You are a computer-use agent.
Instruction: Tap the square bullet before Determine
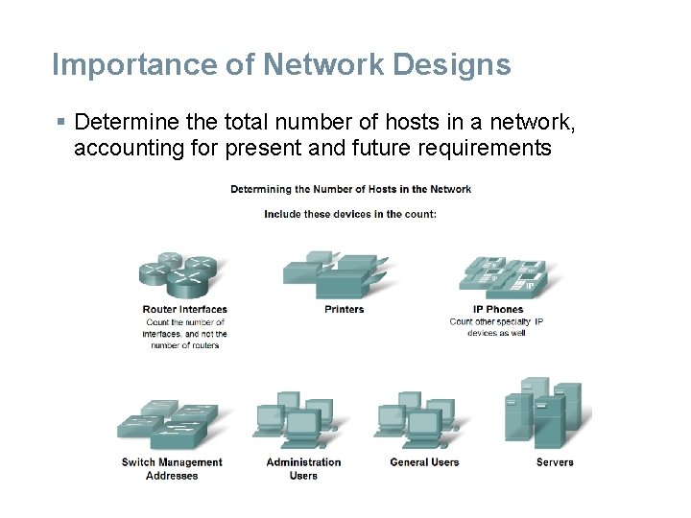tap(60, 122)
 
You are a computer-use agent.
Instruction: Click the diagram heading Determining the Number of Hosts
tap(350, 189)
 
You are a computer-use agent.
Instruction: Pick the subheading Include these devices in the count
tap(350, 214)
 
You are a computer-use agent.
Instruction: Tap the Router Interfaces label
tap(184, 309)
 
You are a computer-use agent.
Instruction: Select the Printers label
tap(345, 309)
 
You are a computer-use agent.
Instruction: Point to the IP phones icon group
tap(504, 273)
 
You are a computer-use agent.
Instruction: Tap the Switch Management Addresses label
tap(172, 468)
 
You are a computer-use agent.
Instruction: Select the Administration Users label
tap(303, 468)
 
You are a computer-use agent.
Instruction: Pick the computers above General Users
tap(417, 421)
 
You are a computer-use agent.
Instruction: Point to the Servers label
tap(555, 462)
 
